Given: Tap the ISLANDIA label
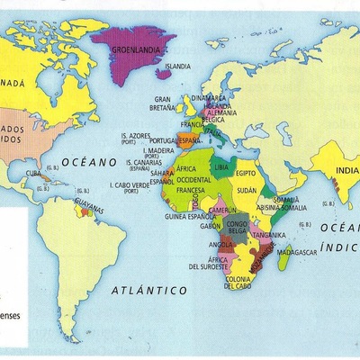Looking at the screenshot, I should (178, 67).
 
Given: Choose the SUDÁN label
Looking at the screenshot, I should (248, 191).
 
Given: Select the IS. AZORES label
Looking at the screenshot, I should (134, 138).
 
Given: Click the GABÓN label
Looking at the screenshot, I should (211, 226).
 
